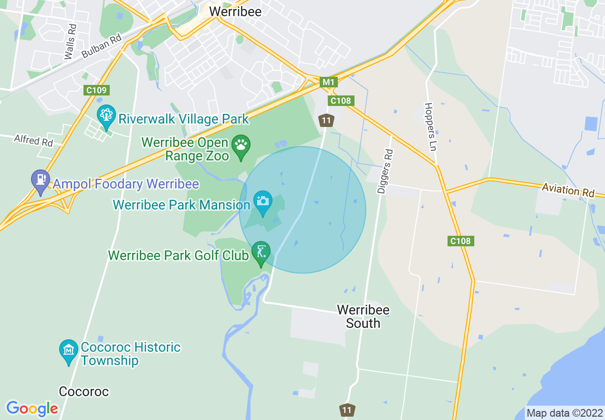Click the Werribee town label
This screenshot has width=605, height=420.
point(235,11)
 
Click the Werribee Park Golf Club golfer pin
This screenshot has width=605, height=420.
point(261,252)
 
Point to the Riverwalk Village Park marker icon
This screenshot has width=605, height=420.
point(106,115)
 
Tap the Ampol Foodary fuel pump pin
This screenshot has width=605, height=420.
point(41,180)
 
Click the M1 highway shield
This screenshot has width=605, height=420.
point(328,82)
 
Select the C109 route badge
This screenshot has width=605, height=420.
point(97,90)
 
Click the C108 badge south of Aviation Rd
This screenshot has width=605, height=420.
point(460,241)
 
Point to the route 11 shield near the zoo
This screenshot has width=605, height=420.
point(326,120)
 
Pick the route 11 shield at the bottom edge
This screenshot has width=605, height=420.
point(347,410)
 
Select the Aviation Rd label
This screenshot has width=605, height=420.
point(568,190)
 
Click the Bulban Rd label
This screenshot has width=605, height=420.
point(102,46)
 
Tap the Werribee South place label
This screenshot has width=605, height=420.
point(363,316)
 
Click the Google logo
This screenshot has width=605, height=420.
point(32,409)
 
